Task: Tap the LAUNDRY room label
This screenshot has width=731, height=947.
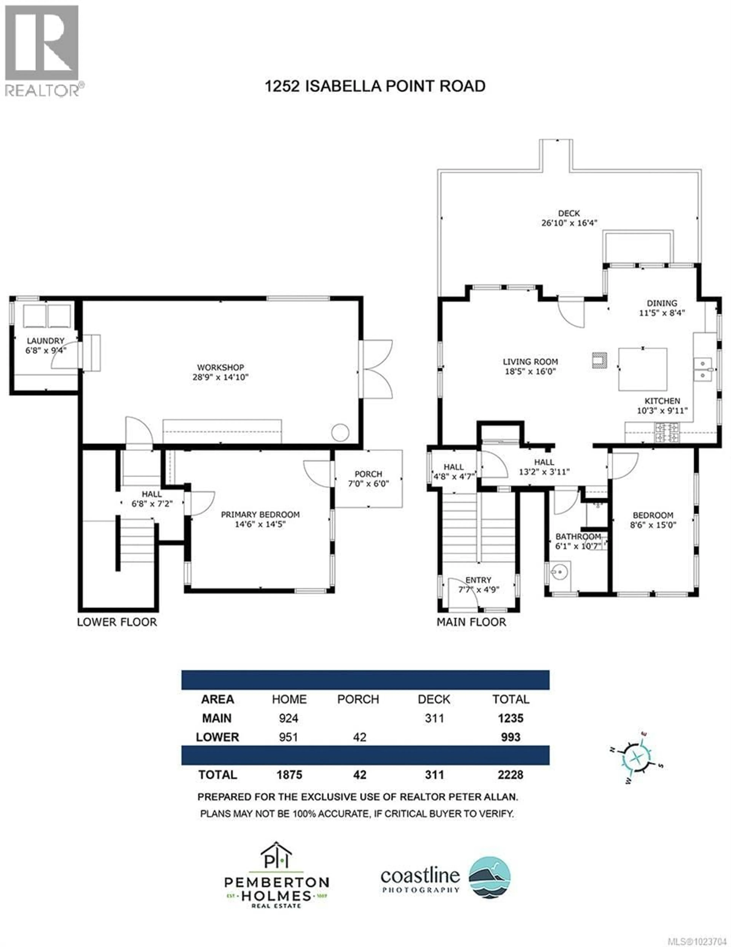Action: point(45,341)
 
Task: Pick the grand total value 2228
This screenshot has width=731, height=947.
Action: point(510,775)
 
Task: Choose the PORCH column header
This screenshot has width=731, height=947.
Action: point(358,699)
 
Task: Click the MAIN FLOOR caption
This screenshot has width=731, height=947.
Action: point(471,622)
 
